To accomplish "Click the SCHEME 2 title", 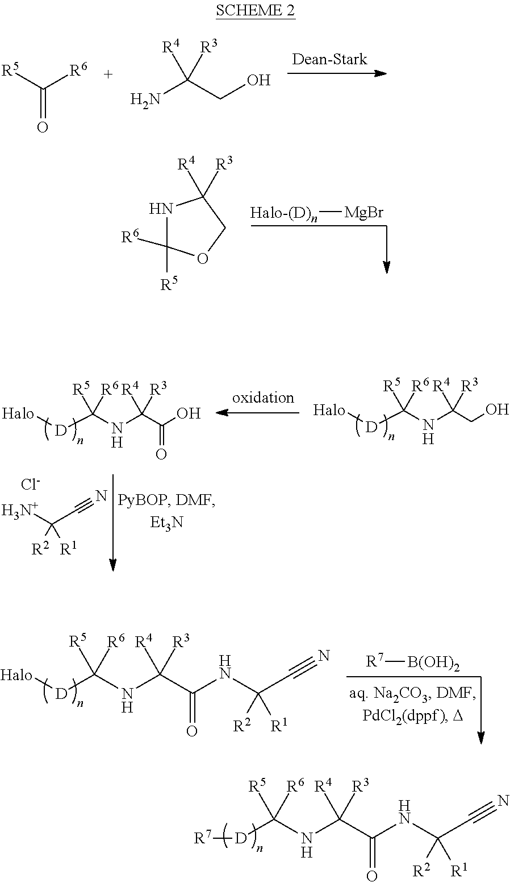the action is pyautogui.click(x=255, y=10).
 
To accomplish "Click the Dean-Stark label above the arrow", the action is pyautogui.click(x=329, y=59).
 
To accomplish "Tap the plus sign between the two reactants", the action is pyautogui.click(x=108, y=73).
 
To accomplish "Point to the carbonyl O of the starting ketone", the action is pyautogui.click(x=42, y=127).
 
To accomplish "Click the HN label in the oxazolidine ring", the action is pyautogui.click(x=161, y=209).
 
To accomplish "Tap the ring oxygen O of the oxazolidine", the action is pyautogui.click(x=202, y=259).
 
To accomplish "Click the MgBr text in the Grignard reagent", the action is pyautogui.click(x=363, y=213).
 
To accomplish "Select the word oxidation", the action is pyautogui.click(x=263, y=397).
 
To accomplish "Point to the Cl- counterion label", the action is pyautogui.click(x=31, y=485).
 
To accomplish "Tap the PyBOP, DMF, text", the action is pyautogui.click(x=167, y=501).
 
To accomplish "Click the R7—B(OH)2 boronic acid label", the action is pyautogui.click(x=413, y=662).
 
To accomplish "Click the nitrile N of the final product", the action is pyautogui.click(x=503, y=800).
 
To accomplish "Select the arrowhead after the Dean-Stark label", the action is pyautogui.click(x=381, y=73).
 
